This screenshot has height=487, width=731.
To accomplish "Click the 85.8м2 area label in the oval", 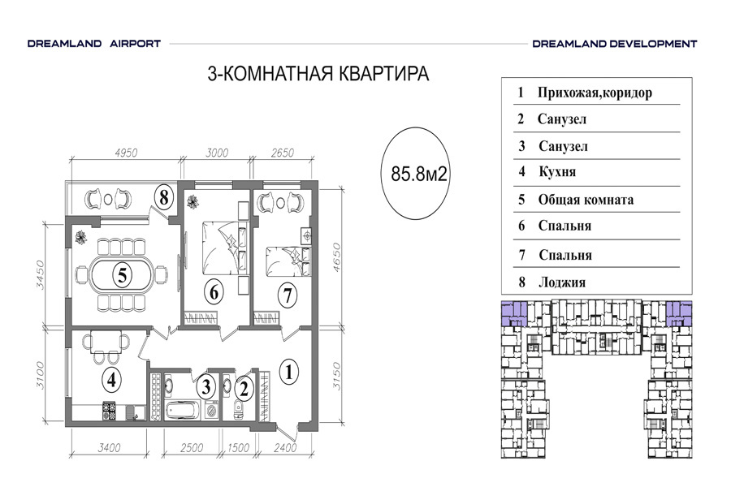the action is pos(418,174).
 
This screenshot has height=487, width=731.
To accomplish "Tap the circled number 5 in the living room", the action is pos(122,275).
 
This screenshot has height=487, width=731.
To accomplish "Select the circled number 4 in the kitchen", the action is pos(111,381).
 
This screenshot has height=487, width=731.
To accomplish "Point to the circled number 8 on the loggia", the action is pos(163,197).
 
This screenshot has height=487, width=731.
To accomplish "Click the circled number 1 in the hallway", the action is pos(289,373).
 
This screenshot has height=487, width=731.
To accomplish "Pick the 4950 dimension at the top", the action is pos(126,153).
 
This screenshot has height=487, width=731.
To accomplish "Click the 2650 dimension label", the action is pos(283,153).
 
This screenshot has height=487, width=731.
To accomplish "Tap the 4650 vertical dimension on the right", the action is pos(336,257).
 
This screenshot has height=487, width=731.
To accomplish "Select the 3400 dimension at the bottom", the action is pos(109,447).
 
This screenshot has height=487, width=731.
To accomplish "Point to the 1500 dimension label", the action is pos(238,447).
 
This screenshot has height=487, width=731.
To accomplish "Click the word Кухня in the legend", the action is pos(557,172).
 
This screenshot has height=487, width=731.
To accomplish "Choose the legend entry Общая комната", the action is pos(586,200).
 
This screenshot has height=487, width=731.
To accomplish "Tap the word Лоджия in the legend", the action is pos(562,282).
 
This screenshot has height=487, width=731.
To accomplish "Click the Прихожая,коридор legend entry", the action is pos(595,93).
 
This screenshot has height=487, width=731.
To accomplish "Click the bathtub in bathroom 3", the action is pos(182,411).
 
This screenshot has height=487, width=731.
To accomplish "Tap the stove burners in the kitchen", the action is pos(109,411).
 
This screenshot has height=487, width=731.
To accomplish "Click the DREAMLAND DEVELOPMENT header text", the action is pos(615,44).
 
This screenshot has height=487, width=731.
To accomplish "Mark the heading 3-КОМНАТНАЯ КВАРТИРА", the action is pos(318,74).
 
